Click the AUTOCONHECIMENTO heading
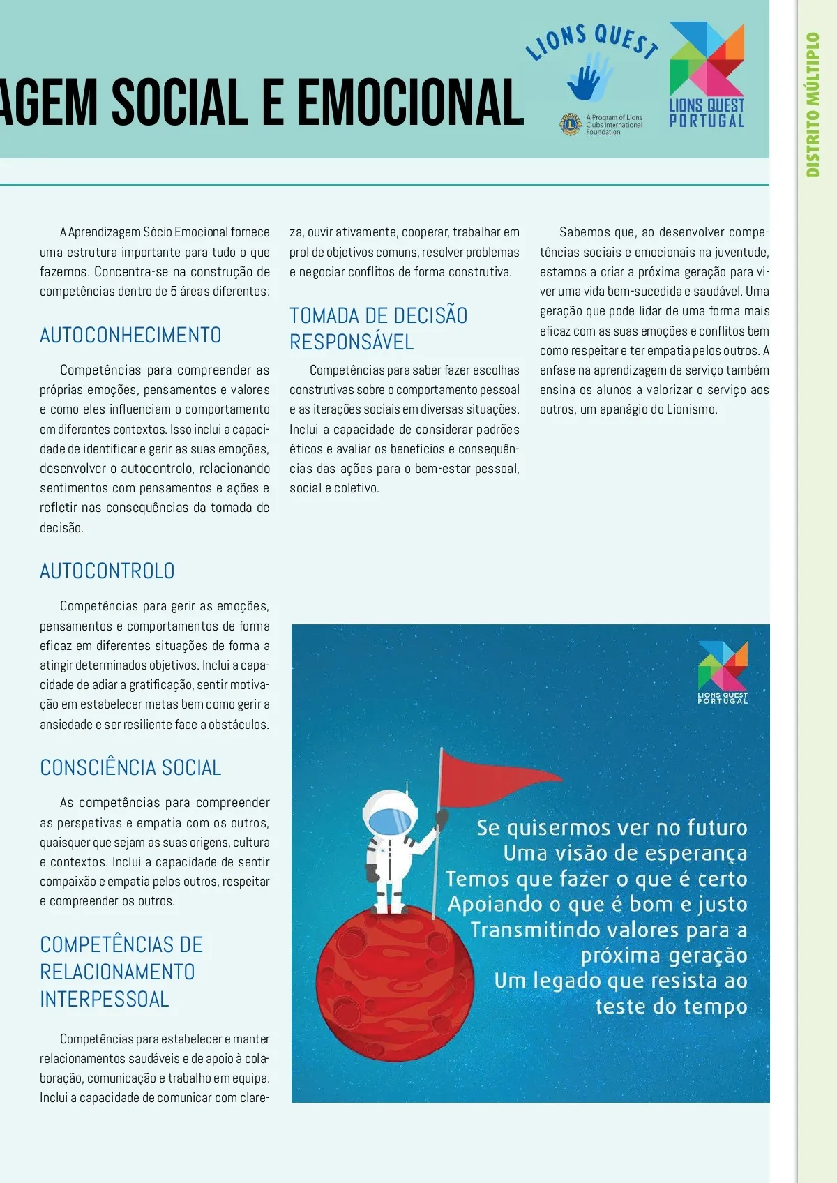(130, 336)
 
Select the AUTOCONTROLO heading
(107, 571)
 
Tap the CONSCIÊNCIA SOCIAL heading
(130, 768)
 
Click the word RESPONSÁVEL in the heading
(352, 342)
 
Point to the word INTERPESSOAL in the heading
(105, 1000)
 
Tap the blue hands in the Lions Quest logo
(588, 77)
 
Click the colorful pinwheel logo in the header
(707, 59)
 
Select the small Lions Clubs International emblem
(571, 125)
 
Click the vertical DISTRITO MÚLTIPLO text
(813, 105)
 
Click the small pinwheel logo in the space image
(723, 666)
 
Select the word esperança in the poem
(695, 854)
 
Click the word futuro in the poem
(717, 828)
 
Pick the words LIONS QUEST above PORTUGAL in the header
(707, 106)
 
